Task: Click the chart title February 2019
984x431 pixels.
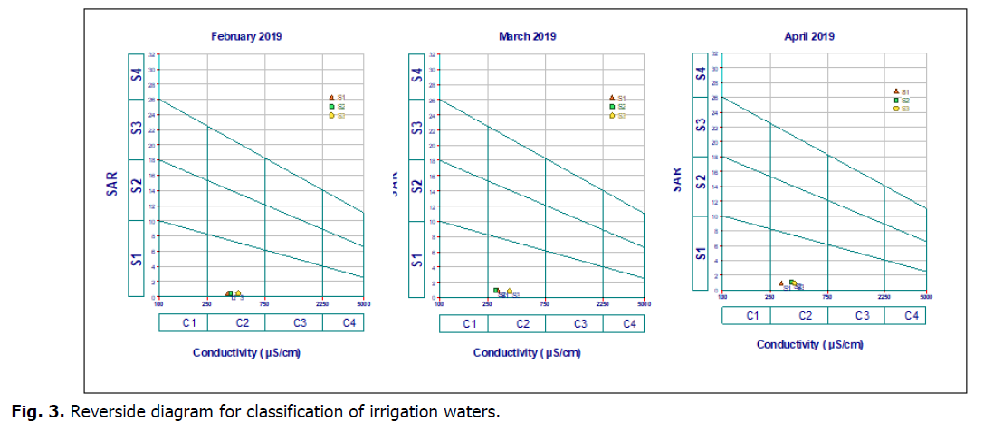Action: coord(246,37)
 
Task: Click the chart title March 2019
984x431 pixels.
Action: coord(527,37)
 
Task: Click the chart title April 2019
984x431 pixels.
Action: coord(809,37)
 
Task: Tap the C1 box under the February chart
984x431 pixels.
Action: coord(190,322)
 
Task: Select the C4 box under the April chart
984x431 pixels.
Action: coord(912,315)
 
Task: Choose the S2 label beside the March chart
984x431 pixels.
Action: coord(417,187)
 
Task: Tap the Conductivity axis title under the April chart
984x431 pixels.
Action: coord(809,345)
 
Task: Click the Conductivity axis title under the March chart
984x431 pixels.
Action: coord(527,352)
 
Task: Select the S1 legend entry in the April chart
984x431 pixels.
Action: coord(899,91)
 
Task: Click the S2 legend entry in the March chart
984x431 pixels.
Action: coord(616,107)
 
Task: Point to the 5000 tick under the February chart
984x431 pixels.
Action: coord(362,303)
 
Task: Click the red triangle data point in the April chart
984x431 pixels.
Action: coord(781,283)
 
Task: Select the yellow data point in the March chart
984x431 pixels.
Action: coord(510,291)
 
